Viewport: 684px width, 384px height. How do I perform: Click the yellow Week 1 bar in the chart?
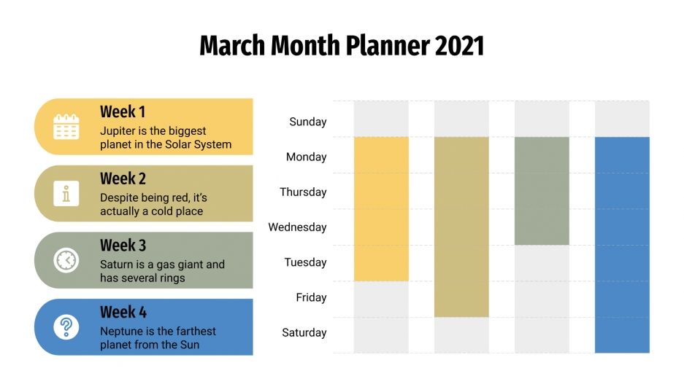(x=381, y=208)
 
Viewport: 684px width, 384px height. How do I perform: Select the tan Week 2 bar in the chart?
(x=461, y=227)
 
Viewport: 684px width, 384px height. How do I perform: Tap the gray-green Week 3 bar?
(x=542, y=191)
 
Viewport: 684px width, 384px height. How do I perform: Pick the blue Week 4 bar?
(x=622, y=244)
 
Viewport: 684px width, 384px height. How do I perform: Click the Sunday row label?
(x=307, y=122)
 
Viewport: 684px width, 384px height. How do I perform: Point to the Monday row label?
(x=306, y=157)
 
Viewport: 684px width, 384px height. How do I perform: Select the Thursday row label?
(x=303, y=192)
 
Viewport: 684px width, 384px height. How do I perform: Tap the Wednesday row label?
(x=297, y=227)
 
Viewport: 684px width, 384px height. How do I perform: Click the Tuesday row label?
(x=305, y=262)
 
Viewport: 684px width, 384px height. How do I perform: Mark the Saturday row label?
(x=304, y=332)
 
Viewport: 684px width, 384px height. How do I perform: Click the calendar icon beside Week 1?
(x=66, y=127)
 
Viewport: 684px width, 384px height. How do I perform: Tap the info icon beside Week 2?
(x=66, y=194)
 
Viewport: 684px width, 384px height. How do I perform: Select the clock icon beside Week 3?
(x=66, y=260)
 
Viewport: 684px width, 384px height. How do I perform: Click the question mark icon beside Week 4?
(x=66, y=327)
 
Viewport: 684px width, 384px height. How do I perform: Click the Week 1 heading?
(x=123, y=111)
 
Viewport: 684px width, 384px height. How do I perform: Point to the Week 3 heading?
(x=123, y=246)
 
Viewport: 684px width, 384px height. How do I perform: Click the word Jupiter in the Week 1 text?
(x=118, y=131)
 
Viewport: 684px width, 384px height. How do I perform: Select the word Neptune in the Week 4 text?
(x=121, y=332)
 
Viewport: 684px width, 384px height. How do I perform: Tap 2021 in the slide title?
(x=459, y=46)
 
